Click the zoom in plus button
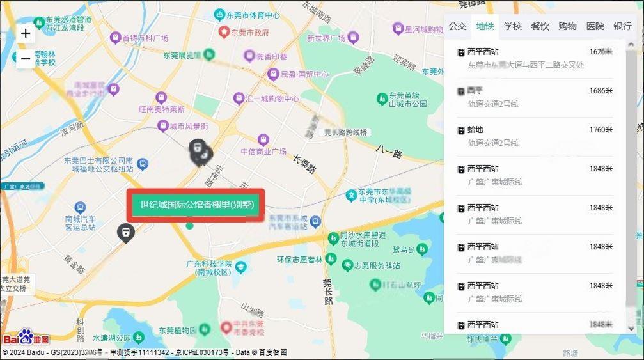pos(26,34)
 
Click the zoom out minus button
pos(26,59)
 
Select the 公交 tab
pos(457,26)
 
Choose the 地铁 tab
pos(485,26)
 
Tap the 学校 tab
pos(512,26)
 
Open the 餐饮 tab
pos(540,26)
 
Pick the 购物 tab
pos(567,26)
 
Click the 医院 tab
pos(595,26)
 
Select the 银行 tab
pos(622,26)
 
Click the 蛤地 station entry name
pos(475,130)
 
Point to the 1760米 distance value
pos(601,130)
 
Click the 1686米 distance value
pos(601,91)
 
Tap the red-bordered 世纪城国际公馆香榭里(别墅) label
pos(196,205)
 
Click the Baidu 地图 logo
pos(26,338)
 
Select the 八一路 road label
pos(388,154)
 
